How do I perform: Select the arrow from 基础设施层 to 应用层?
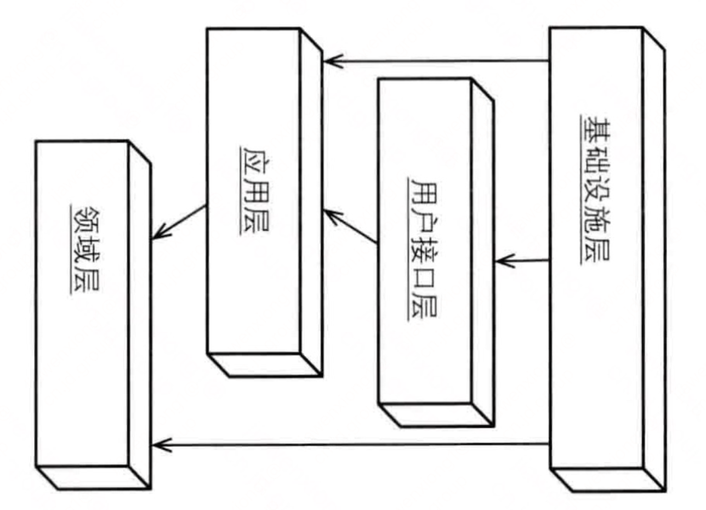click(x=436, y=60)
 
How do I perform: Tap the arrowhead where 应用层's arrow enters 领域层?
click(x=159, y=234)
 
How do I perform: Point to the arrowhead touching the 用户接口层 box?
click(x=502, y=261)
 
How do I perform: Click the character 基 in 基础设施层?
click(x=594, y=129)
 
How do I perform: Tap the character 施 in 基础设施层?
click(x=594, y=220)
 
